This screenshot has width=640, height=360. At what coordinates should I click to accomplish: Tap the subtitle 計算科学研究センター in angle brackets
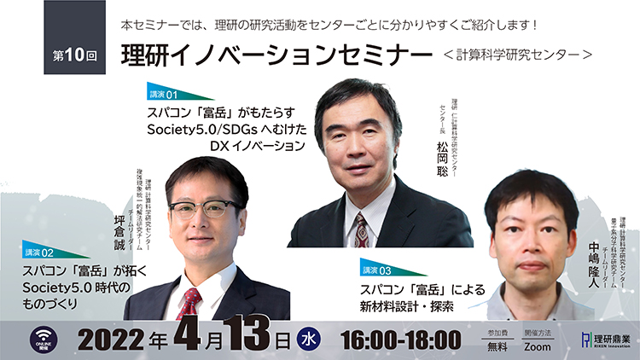point(518,55)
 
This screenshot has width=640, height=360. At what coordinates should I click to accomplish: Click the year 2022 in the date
point(112,339)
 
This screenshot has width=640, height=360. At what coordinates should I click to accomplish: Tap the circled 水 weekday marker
point(307,340)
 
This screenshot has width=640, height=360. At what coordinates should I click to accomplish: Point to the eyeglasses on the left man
point(202,208)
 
